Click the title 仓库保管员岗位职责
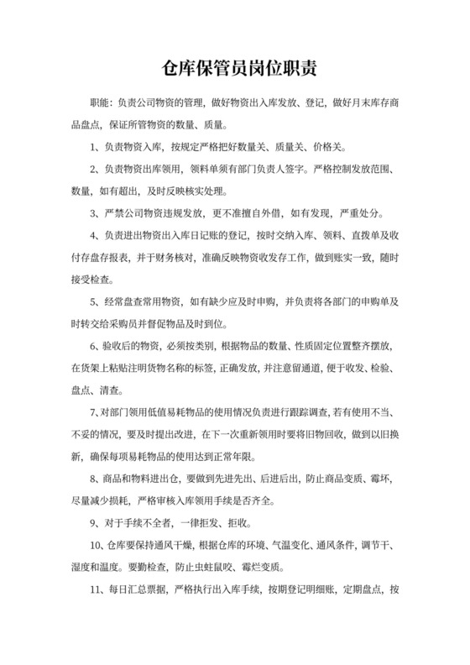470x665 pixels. (234, 66)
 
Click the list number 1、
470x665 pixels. (95, 147)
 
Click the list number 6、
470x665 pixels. (95, 344)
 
